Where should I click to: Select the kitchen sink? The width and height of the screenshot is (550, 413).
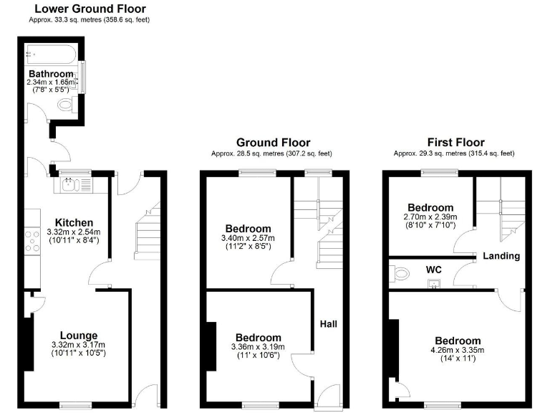coord(72,185)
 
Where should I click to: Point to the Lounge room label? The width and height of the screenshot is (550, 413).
coord(78,335)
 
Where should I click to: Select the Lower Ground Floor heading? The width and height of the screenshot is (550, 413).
coord(90,9)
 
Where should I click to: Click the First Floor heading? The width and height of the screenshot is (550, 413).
coord(455,143)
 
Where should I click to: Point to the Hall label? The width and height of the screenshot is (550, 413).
coord(328,324)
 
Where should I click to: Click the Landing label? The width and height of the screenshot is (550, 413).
coord(501,256)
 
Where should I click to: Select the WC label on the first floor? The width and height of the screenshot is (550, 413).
coord(434,269)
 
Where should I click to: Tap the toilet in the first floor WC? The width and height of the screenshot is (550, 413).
coord(402,272)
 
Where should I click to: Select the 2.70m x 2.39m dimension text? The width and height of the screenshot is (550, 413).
coord(430,217)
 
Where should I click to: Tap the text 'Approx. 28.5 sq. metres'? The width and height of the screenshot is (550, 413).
coord(240,153)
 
